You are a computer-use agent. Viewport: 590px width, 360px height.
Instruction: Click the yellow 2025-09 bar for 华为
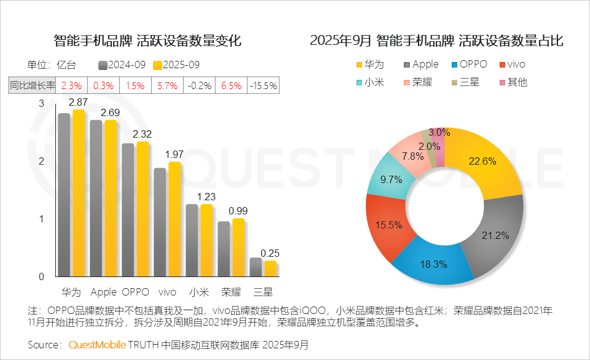pyautogui.click(x=79, y=194)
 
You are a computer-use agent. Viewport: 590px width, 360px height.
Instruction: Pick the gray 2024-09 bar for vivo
pyautogui.click(x=160, y=222)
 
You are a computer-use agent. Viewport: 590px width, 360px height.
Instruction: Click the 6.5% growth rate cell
pyautogui.click(x=231, y=86)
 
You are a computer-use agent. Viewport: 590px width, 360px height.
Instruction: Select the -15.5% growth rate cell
pyautogui.click(x=263, y=86)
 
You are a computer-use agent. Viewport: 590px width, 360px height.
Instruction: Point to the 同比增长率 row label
pyautogui.click(x=33, y=86)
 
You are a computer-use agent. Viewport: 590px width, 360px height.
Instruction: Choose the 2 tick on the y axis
pyautogui.click(x=42, y=162)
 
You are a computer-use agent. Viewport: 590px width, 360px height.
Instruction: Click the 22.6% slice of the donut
pyautogui.click(x=486, y=163)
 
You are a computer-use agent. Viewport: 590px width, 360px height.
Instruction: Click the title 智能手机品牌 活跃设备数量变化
pyautogui.click(x=147, y=41)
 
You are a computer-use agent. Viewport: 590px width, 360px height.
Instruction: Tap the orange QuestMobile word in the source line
pyautogui.click(x=97, y=345)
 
